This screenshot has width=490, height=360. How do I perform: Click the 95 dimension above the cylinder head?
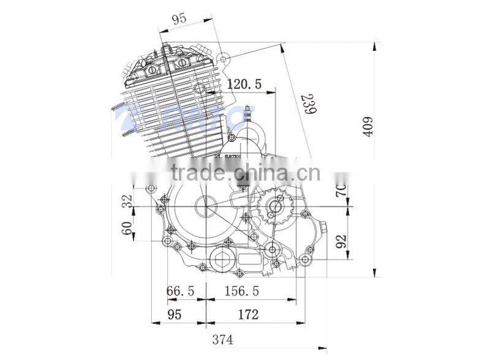coord(178,19)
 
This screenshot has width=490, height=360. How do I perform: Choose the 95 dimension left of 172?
coord(174,314)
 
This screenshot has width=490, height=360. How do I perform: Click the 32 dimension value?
coord(127,201)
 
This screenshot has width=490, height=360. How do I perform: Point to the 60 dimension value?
coord(127,231)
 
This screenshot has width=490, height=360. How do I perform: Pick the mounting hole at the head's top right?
coord(225,59)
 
